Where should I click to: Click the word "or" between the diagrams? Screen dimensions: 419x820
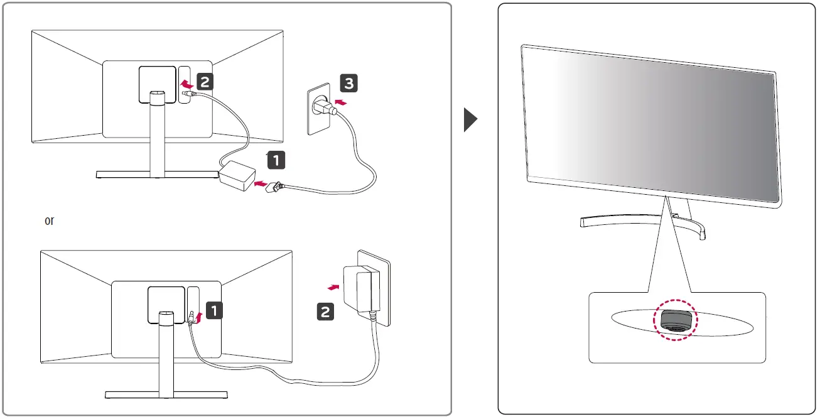click(x=50, y=221)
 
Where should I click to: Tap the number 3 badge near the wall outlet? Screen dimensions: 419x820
click(x=350, y=82)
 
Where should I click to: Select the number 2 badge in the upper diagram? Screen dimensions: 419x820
click(x=205, y=81)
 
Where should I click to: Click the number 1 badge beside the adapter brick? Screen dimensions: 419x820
click(x=276, y=160)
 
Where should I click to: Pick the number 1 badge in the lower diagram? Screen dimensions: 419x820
click(x=214, y=309)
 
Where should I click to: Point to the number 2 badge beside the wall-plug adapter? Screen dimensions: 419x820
click(x=325, y=310)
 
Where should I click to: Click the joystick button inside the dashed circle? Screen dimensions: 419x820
click(x=677, y=320)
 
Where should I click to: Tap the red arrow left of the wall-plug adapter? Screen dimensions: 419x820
click(x=335, y=286)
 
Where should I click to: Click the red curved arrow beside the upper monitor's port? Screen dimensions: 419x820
click(x=186, y=83)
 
